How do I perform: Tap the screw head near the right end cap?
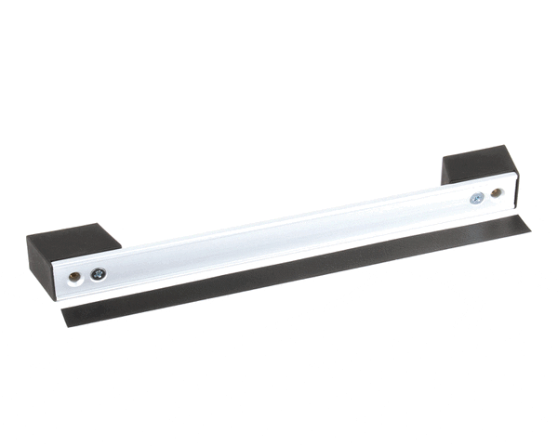click(x=476, y=198)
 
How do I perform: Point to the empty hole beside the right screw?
click(x=497, y=194)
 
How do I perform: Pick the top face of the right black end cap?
click(x=478, y=158)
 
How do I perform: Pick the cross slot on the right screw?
click(x=476, y=198)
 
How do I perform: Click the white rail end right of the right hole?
click(x=508, y=192)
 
